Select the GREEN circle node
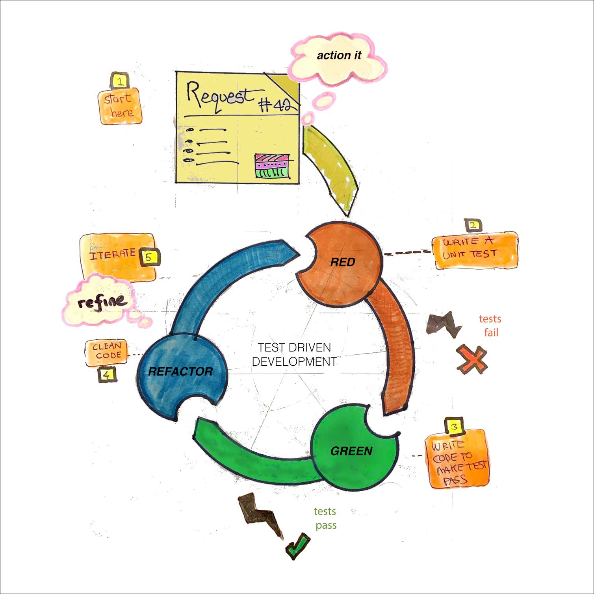(x=355, y=449)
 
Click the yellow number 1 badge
(x=120, y=81)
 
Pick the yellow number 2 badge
(x=473, y=225)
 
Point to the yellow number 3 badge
(x=454, y=427)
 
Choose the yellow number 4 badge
(x=107, y=374)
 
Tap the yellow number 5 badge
(x=149, y=257)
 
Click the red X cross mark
(x=472, y=359)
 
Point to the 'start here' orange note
(x=120, y=106)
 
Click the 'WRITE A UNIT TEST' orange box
(x=475, y=250)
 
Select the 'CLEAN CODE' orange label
(x=106, y=352)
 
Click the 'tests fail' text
(x=490, y=326)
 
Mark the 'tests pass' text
(x=325, y=518)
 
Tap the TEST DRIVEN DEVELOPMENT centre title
(x=294, y=354)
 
